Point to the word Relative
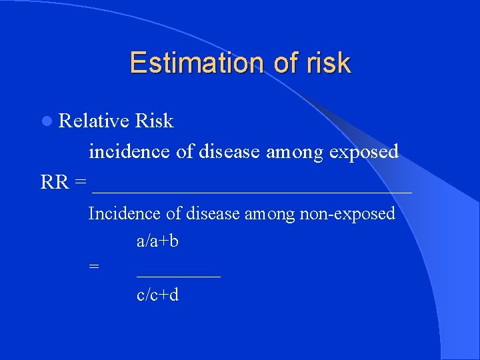pyautogui.click(x=94, y=121)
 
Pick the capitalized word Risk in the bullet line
pyautogui.click(x=154, y=121)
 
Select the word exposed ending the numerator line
pyautogui.click(x=365, y=151)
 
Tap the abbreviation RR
pyautogui.click(x=55, y=181)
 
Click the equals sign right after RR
pyautogui.click(x=81, y=182)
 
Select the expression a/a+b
pyautogui.click(x=157, y=241)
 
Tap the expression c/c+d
pyautogui.click(x=157, y=294)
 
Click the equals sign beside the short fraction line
pyautogui.click(x=94, y=267)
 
